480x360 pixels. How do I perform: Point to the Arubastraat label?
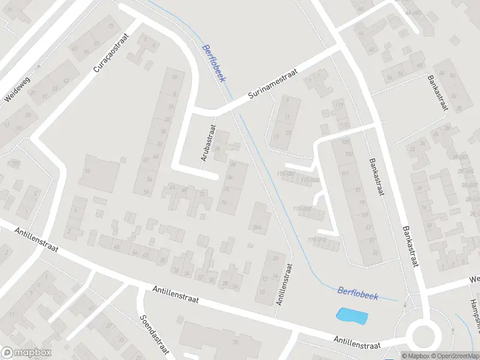pyautogui.click(x=208, y=144)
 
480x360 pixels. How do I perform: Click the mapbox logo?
pyautogui.click(x=26, y=353)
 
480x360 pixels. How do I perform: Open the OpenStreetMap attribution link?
pyautogui.click(x=455, y=356)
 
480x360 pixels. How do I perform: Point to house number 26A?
pyautogui.click(x=258, y=226)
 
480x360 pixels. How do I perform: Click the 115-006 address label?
pyautogui.click(x=312, y=180)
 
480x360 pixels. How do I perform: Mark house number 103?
pyautogui.click(x=345, y=154)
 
